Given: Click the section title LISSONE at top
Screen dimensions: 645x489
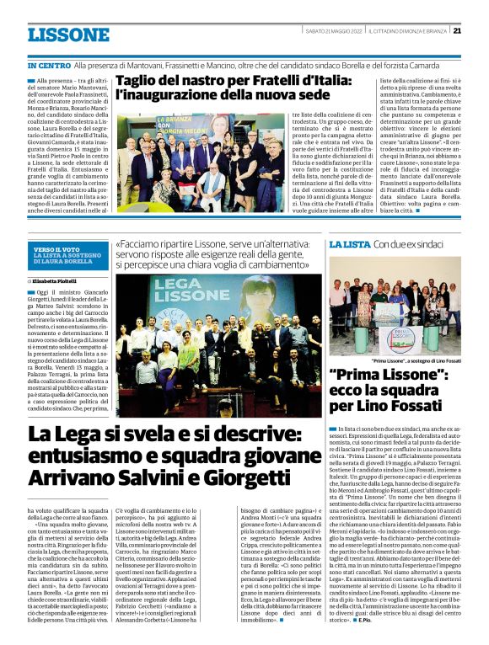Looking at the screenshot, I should coord(68,35).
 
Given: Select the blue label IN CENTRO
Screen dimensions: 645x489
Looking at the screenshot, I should coord(49,65).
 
